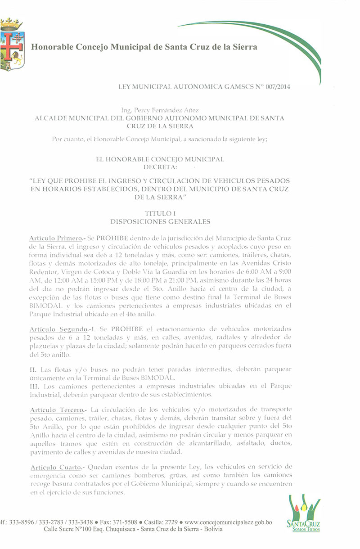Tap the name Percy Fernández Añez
pos(160,110)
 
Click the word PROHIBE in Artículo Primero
pos(114,237)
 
